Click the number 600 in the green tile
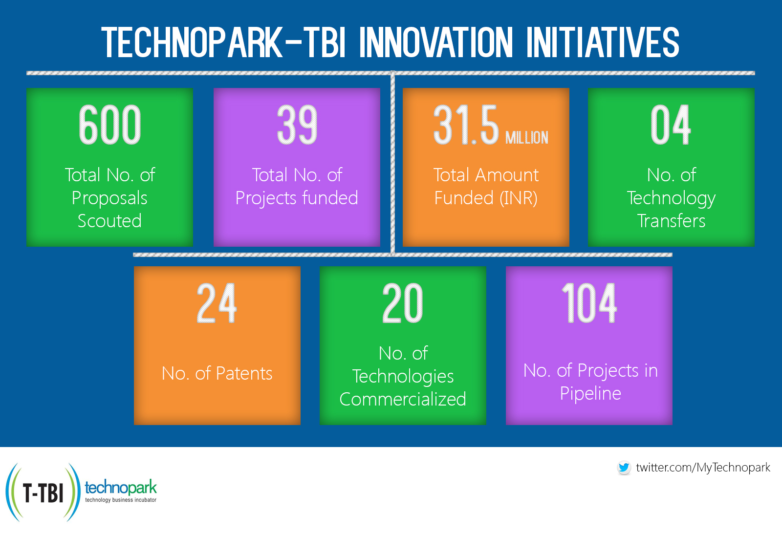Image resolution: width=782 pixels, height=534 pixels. pos(110,125)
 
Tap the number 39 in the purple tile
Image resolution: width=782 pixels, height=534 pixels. pos(297,125)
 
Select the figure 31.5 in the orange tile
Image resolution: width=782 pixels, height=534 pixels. pos(466,125)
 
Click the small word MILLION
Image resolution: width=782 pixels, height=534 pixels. pos(527,138)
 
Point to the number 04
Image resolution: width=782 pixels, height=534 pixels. pos(671,125)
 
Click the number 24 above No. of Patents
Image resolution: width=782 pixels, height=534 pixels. pos(217,303)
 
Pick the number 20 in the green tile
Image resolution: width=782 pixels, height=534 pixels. pos(403,303)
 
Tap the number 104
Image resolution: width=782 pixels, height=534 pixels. pos(589,303)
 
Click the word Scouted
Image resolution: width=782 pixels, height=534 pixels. pos(109,221)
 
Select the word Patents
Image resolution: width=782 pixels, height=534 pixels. pos(244,373)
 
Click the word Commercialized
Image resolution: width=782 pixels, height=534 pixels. pos(403,399)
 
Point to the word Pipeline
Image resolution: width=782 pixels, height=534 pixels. pos(590,393)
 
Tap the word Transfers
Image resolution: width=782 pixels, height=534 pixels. pos(671,221)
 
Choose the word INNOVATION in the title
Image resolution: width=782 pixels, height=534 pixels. pos(436,43)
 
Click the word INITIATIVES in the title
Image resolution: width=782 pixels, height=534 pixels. pos(603,43)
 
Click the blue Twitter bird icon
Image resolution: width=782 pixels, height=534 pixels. pos(624,468)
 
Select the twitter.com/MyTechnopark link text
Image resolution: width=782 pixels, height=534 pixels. pos(703,468)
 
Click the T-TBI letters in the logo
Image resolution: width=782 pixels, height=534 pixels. pos(43,493)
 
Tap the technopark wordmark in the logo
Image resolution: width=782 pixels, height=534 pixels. pos(121,487)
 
